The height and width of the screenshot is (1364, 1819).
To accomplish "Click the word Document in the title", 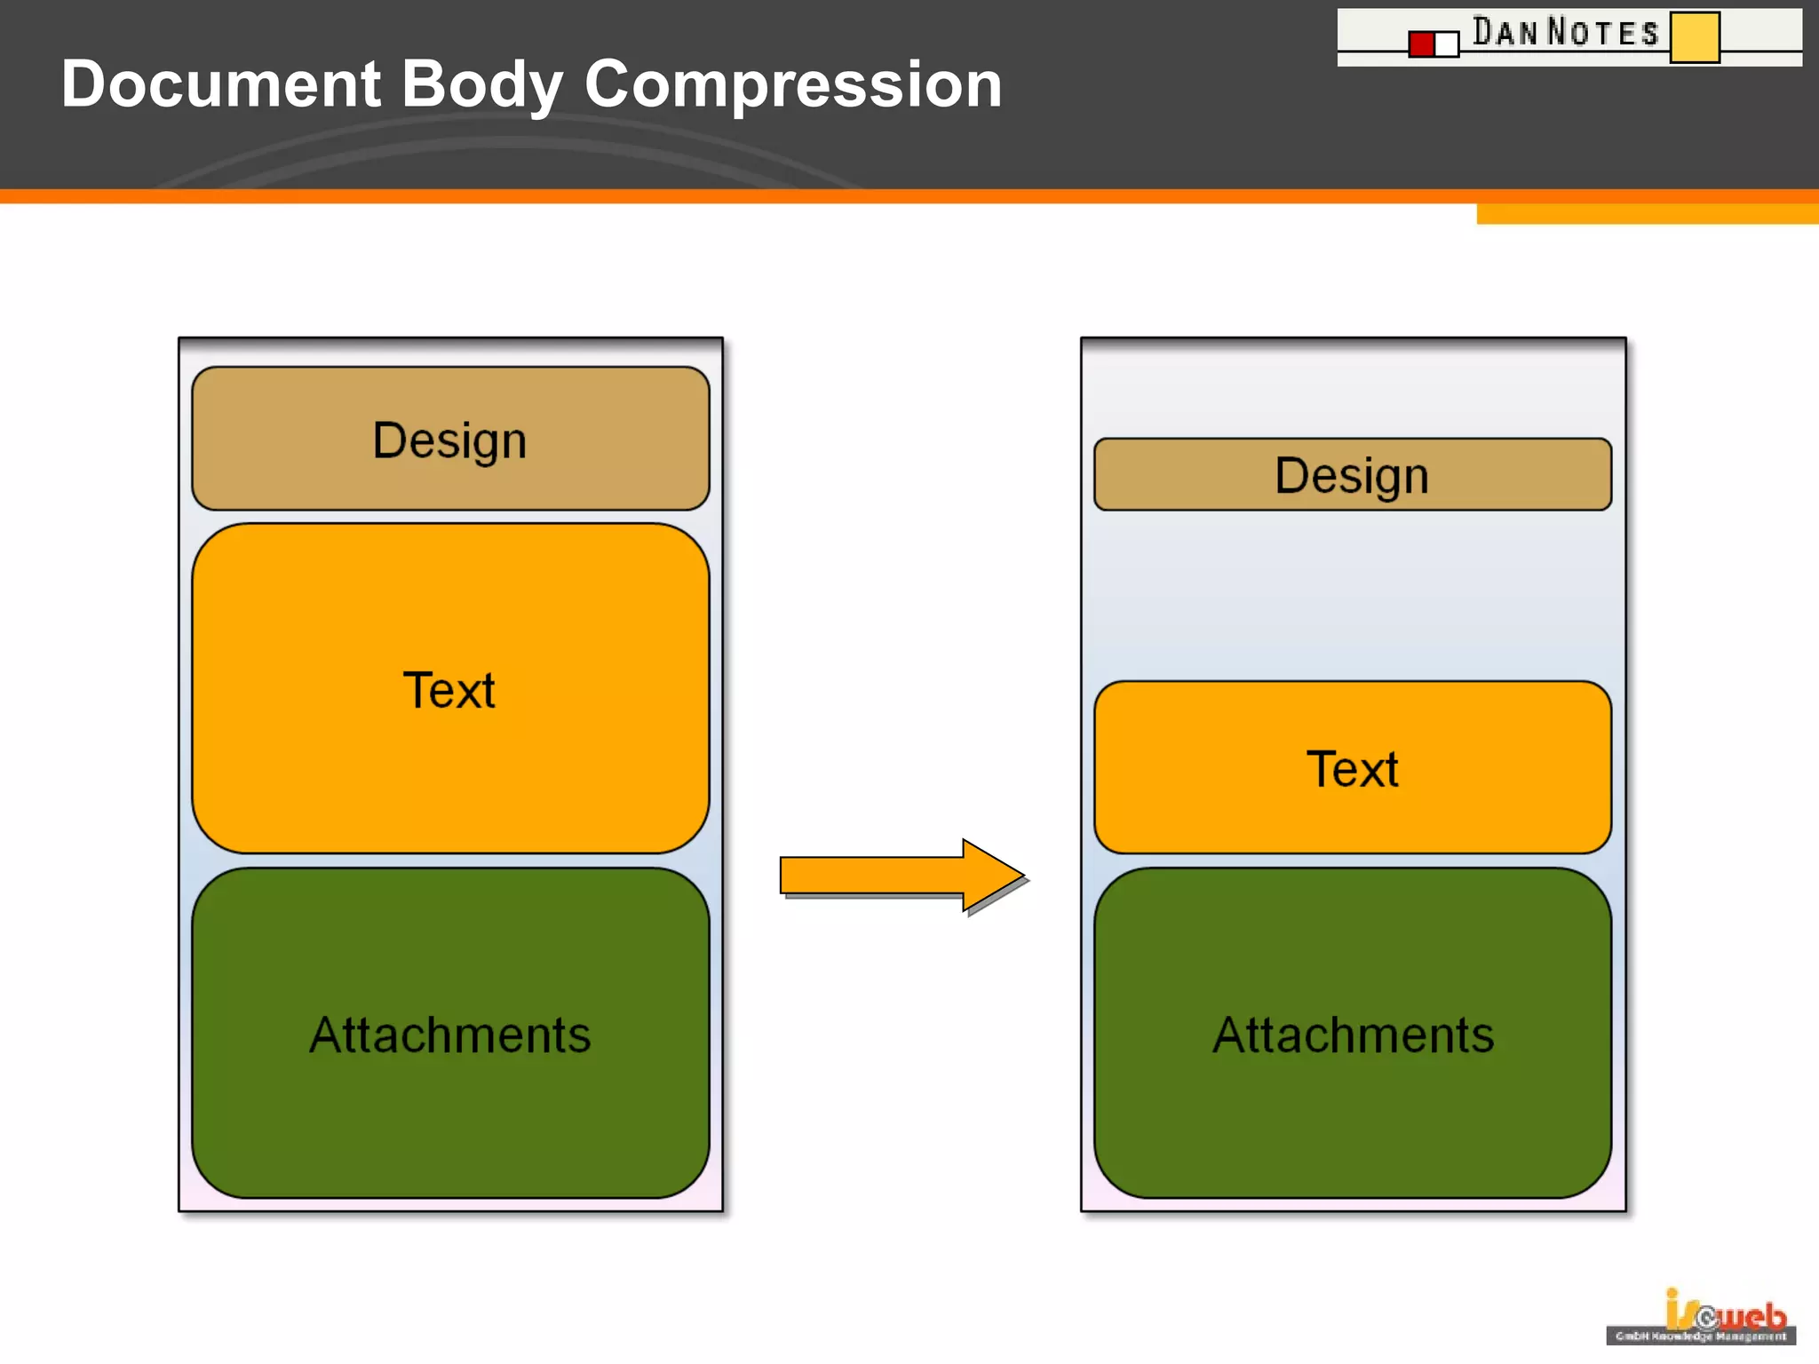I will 220,84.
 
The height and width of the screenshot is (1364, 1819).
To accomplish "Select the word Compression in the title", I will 792,84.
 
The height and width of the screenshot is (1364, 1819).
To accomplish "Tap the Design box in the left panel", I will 450,439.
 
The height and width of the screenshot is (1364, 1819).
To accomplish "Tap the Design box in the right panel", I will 1352,474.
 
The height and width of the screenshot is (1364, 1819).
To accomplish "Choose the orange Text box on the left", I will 450,689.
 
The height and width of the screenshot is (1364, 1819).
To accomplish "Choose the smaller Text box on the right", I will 1352,767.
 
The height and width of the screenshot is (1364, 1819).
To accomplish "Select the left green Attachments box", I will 450,1034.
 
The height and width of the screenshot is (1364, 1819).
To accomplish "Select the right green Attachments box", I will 1352,1034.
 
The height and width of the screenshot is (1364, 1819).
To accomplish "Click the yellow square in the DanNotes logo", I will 1694,37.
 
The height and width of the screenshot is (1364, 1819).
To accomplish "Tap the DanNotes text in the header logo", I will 1565,32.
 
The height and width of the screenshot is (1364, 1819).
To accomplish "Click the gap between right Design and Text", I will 1352,595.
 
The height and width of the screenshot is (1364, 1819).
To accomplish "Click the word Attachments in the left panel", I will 450,1035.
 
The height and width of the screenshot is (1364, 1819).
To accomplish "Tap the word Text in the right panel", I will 1352,768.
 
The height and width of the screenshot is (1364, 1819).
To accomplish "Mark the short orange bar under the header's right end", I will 1647,214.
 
